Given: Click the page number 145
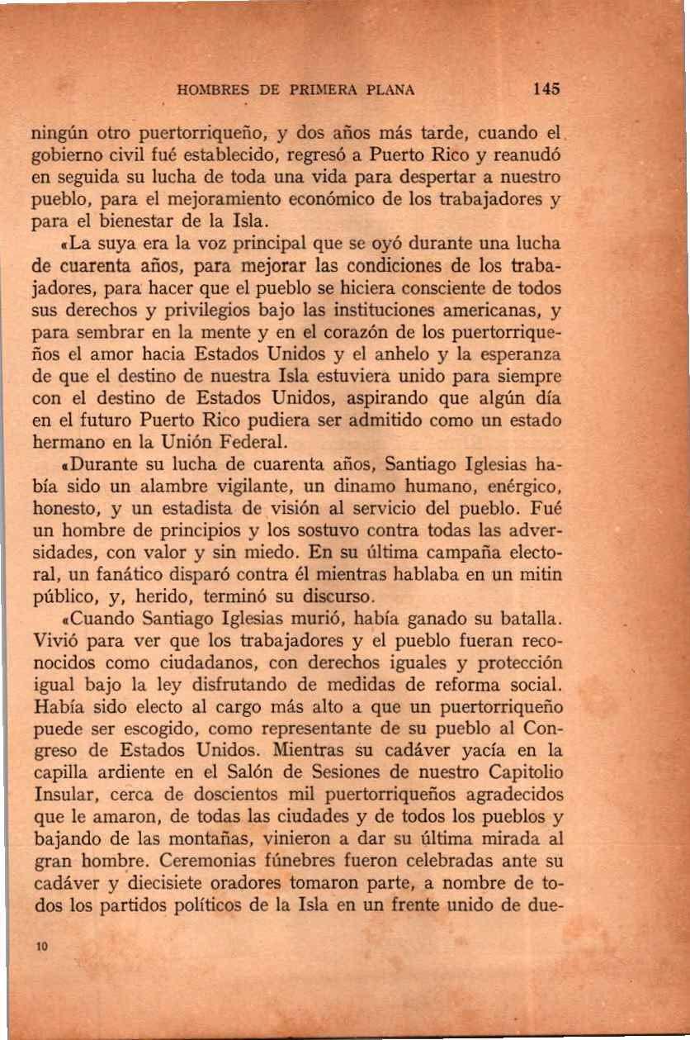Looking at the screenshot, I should point(546,88).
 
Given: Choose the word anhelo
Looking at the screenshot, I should point(431,357).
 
